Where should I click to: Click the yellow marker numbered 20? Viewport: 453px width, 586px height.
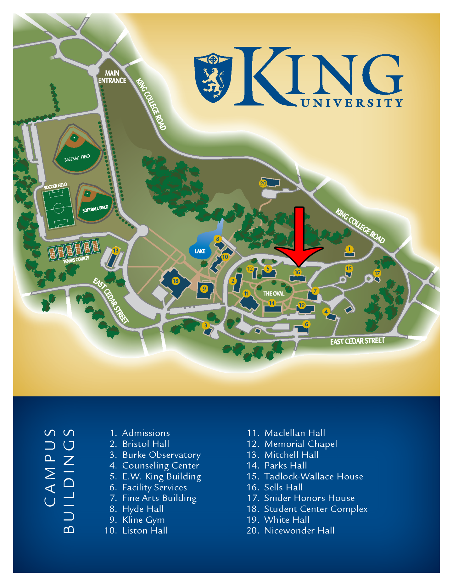263,183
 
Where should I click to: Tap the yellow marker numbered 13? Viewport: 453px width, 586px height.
116,251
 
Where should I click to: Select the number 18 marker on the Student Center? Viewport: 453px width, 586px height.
176,281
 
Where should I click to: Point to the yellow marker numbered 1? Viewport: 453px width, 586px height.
349,249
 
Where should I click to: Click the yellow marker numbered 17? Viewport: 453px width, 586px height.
377,273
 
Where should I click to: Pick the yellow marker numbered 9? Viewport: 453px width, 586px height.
204,289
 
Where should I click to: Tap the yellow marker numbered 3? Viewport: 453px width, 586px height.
206,325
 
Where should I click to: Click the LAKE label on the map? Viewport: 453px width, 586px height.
200,251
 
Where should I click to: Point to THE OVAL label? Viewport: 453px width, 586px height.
274,294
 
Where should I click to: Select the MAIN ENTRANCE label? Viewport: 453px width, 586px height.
112,77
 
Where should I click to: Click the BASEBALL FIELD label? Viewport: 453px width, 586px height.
77,158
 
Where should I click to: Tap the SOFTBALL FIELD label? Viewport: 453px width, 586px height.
95,209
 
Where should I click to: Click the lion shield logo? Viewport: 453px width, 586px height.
213,78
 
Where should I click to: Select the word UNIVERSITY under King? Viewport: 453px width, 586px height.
352,103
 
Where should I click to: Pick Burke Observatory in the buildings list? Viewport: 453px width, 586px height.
161,455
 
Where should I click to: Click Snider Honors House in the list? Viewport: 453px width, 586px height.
309,498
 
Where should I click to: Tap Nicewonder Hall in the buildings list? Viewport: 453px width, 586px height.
299,531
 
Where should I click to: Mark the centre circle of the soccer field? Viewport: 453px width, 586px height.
59,208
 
